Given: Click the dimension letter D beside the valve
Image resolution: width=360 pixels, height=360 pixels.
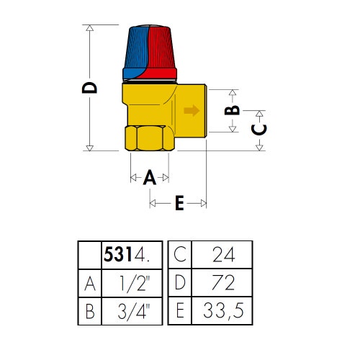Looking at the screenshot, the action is (89, 88).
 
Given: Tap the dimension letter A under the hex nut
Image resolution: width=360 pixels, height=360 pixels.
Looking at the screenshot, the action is (150, 177).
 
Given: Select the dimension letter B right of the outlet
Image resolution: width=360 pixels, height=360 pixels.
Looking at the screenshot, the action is (232, 110).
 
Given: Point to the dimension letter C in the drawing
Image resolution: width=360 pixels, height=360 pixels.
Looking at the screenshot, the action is (259, 130).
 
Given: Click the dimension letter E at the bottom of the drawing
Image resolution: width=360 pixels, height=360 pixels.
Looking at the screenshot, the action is (179, 203).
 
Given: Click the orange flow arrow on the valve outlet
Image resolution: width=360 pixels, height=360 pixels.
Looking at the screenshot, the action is (192, 110).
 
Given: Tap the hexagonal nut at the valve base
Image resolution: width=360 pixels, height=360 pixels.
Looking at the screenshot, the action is (150, 138).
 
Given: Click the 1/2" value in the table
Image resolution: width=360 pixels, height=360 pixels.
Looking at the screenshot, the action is (135, 284).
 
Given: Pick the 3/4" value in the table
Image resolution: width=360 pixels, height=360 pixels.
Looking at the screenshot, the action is (133, 312).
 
